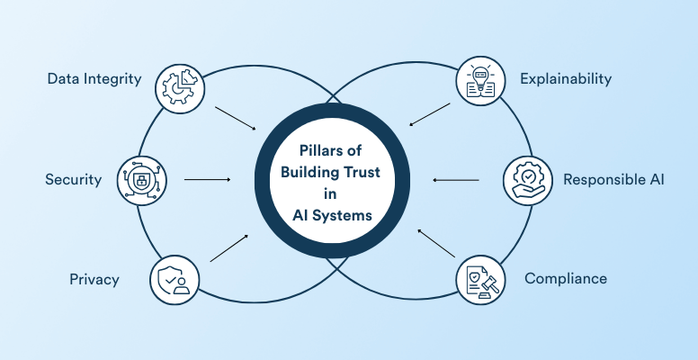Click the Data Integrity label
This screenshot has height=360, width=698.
[94, 78]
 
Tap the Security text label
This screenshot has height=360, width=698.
[74, 180]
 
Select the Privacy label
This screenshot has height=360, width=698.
[94, 279]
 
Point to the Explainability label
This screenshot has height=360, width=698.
[566, 78]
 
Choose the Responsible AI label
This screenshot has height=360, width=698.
[613, 180]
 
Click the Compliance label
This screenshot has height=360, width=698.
[566, 278]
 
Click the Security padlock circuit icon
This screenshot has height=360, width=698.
[141, 180]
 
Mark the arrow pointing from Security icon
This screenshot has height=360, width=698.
[208, 180]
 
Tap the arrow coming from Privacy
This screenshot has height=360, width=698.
[229, 248]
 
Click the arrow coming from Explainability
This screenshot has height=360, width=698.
[429, 114]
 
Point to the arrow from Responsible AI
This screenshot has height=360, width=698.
[457, 180]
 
